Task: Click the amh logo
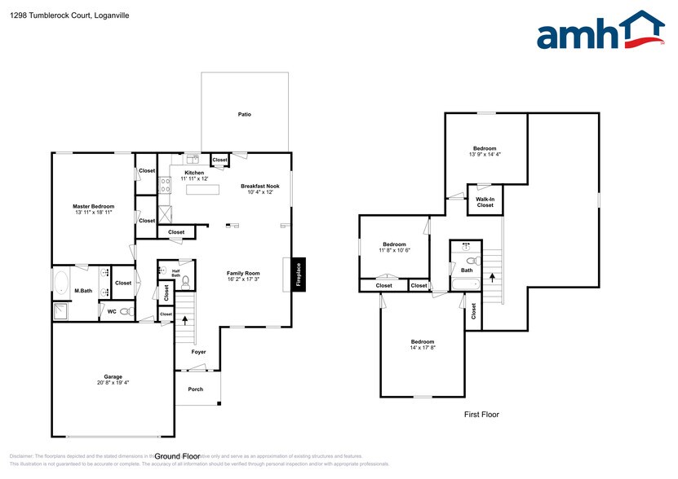[600, 33]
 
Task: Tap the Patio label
[244, 114]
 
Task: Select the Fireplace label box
[298, 272]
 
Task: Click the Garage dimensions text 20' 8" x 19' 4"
[113, 382]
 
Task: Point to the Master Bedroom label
[93, 207]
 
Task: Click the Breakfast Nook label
[260, 187]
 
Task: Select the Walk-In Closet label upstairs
[485, 202]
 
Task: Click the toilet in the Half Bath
[186, 283]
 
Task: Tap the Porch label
[195, 389]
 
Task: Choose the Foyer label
[198, 353]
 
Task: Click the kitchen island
[202, 190]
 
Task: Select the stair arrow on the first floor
[492, 276]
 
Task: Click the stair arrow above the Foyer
[185, 320]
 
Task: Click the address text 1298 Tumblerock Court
[46, 15]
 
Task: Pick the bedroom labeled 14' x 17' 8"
[422, 345]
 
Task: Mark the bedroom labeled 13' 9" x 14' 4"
[485, 151]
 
